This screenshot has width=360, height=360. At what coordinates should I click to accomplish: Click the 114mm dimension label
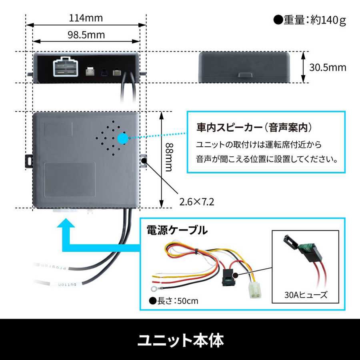[x=86, y=18]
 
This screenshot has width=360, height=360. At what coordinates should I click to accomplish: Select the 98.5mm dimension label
[x=86, y=35]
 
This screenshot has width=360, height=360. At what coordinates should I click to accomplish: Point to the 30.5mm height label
[x=328, y=67]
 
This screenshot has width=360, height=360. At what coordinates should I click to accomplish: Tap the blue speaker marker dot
[x=123, y=138]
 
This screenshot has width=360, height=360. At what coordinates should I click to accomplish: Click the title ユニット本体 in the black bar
[x=180, y=340]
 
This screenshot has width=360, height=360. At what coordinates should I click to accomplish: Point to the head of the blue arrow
[x=65, y=226]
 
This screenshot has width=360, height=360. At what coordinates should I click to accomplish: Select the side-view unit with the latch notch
[x=244, y=67]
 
